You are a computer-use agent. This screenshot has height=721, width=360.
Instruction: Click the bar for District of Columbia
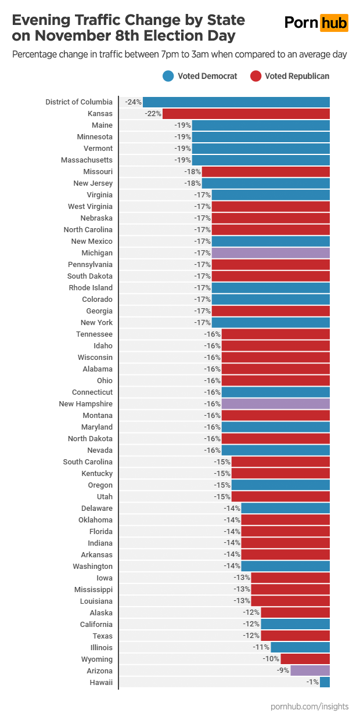pyautogui.click(x=236, y=102)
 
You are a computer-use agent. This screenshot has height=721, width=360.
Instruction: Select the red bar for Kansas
pyautogui.click(x=246, y=114)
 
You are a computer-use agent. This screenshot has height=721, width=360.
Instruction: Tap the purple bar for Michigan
pyautogui.click(x=271, y=253)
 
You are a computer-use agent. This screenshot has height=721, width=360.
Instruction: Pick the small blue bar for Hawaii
pyautogui.click(x=325, y=683)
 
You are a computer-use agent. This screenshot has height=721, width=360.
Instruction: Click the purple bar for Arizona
pyautogui.click(x=310, y=671)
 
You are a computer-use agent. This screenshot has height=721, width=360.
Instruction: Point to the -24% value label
pyautogui.click(x=134, y=102)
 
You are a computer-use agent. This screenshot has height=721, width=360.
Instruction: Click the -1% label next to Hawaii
pyautogui.click(x=312, y=683)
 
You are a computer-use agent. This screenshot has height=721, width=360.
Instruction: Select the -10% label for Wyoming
pyautogui.click(x=271, y=659)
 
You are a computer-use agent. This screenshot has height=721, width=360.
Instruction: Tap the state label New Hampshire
pyautogui.click(x=86, y=404)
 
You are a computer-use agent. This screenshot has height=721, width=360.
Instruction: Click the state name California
pyautogui.click(x=96, y=625)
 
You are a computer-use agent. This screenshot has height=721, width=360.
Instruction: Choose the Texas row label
pyautogui.click(x=103, y=636)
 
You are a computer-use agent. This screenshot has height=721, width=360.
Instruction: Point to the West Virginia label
pyautogui.click(x=90, y=207)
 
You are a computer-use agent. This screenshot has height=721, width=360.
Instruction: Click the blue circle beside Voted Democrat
pyautogui.click(x=168, y=76)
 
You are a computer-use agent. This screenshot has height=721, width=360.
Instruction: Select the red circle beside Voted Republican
pyautogui.click(x=255, y=76)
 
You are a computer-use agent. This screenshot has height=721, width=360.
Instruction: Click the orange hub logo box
pyautogui.click(x=334, y=23)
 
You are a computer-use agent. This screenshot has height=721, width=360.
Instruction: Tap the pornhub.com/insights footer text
pyautogui.click(x=309, y=706)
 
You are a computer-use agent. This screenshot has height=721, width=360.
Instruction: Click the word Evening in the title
pyautogui.click(x=41, y=20)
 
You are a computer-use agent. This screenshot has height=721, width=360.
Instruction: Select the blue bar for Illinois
pyautogui.click(x=300, y=648)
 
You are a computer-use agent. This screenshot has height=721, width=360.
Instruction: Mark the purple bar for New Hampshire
pyautogui.click(x=276, y=404)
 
